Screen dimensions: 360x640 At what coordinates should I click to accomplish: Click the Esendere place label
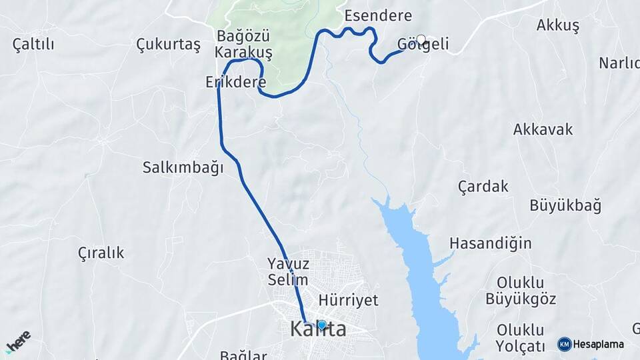coord(378,15)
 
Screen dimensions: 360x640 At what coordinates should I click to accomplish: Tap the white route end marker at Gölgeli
coord(421,40)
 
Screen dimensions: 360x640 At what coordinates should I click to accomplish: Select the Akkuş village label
coord(558,25)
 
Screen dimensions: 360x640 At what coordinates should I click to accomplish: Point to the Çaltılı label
coord(33,44)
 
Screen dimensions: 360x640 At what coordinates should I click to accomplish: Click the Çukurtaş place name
coord(168,45)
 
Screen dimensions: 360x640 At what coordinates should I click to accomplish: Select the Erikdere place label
coord(236,83)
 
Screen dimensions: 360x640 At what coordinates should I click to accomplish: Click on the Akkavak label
coord(543,129)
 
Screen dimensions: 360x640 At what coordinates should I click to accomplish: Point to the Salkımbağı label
coord(183,167)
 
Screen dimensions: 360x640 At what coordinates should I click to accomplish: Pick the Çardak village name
coord(483,186)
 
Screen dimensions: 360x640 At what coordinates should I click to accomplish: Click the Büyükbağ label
coord(565,205)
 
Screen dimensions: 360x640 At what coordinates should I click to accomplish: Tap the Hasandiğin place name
coord(491,243)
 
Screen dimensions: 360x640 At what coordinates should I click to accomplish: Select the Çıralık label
coord(101,253)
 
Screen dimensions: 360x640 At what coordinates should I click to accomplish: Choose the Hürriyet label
coord(349,299)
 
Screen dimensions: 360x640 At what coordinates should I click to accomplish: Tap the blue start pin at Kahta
coord(322,325)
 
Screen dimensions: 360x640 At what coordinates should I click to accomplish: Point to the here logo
coord(18,342)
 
